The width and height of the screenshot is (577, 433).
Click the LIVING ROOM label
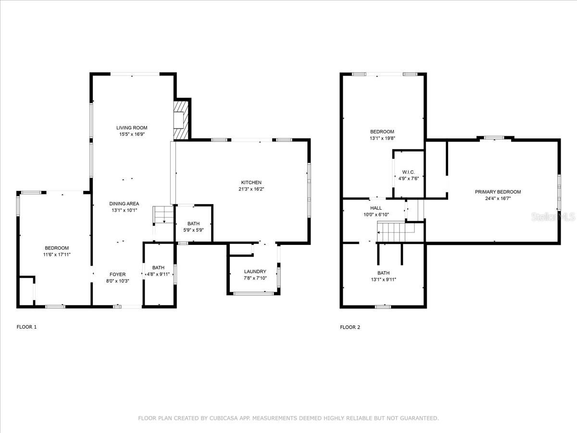pos(132,128)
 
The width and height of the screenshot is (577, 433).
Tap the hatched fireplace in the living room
pos(181,120)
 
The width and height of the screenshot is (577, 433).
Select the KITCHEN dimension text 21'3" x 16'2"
pos(251,189)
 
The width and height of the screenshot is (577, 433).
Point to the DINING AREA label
pos(124,204)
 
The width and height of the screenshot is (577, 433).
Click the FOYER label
pos(117,274)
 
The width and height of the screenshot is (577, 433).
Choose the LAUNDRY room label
pos(255,271)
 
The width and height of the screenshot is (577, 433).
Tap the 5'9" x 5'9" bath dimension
pos(193,230)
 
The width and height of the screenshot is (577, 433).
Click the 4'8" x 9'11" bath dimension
pos(158,274)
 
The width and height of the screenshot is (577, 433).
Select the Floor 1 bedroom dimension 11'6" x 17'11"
pos(57,255)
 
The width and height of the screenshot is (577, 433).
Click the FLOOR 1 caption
pos(26,327)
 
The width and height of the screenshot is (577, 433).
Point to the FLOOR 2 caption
pos(350,327)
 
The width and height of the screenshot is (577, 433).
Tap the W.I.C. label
pos(409,172)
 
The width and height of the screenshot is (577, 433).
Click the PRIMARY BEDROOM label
pos(498,192)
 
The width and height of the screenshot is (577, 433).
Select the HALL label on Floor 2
pos(376,208)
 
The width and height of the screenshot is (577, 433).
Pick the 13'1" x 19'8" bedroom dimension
pos(382,138)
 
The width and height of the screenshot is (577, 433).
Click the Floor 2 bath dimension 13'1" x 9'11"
pos(384,280)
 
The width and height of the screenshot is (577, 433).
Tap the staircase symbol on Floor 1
pos(163,215)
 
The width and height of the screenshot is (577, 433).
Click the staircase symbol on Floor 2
pos(396,231)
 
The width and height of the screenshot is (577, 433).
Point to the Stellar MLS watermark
pos(553,216)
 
